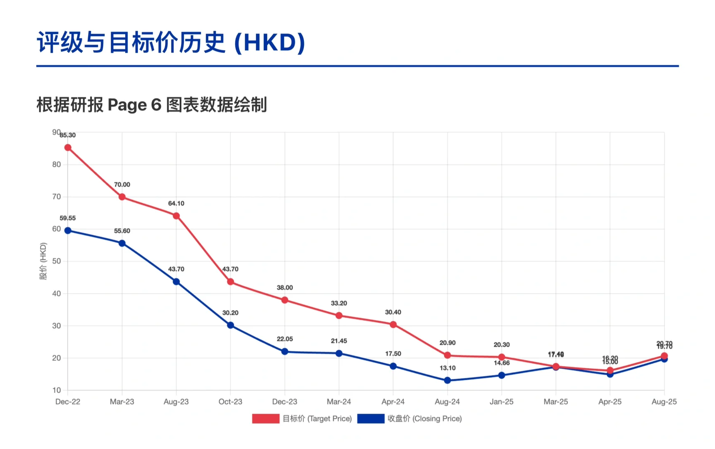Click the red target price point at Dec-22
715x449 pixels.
click(68, 148)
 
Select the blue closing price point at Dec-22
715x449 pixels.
click(68, 231)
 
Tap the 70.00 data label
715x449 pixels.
click(122, 185)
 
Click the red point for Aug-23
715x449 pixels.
click(176, 216)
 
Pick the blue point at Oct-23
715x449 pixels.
click(230, 325)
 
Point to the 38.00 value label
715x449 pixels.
click(285, 288)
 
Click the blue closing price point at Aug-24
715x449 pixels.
click(447, 380)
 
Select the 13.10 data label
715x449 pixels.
click(447, 368)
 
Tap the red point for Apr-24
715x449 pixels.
click(393, 325)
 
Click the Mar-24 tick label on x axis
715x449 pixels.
click(339, 402)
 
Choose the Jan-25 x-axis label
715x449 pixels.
click(501, 402)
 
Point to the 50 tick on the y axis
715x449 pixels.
click(57, 261)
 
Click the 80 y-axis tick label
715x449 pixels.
click(57, 164)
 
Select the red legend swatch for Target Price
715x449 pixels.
click(266, 419)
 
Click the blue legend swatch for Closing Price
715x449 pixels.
click(371, 419)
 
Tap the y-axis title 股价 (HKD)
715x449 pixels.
click(43, 261)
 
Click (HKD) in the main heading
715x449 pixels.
click(270, 42)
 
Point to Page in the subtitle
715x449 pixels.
click(127, 105)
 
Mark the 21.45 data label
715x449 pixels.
click(339, 341)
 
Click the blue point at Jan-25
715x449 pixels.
click(502, 375)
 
